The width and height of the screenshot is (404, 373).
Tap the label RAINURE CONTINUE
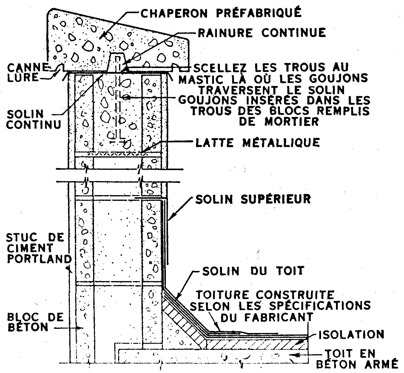(262, 32)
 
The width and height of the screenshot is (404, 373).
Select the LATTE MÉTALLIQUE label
(257, 142)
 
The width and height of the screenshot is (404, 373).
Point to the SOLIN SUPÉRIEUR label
(253, 199)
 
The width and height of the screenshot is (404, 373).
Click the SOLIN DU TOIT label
(253, 271)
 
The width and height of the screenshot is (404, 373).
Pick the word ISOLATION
(351, 335)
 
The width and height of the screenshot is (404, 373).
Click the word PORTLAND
(39, 259)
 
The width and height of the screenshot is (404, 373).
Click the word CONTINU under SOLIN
(34, 124)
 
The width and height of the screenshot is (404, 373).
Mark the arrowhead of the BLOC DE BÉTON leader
(80, 328)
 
